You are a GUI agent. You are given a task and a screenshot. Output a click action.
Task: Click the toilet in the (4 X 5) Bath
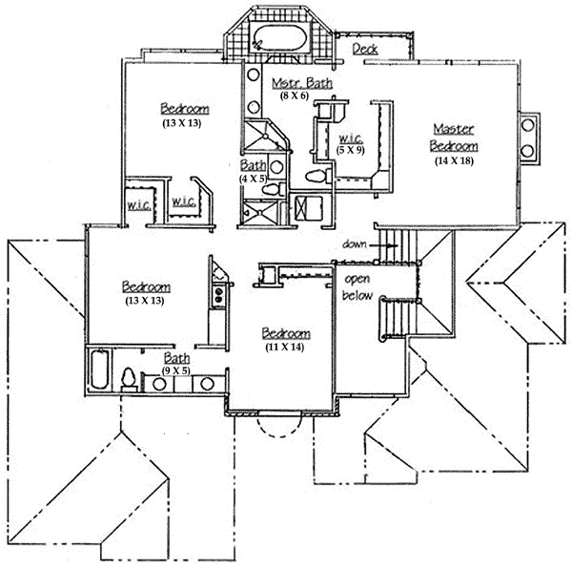click(270, 192)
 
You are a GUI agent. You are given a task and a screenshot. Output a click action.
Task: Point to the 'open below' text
click(357, 286)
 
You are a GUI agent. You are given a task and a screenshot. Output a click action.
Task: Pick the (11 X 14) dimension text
click(285, 348)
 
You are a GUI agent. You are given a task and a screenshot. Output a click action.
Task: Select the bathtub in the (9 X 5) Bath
click(98, 373)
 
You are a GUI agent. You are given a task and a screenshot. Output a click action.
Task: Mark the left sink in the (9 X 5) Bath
click(153, 384)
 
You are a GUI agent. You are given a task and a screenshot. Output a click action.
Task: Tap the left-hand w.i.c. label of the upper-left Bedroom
click(134, 205)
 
